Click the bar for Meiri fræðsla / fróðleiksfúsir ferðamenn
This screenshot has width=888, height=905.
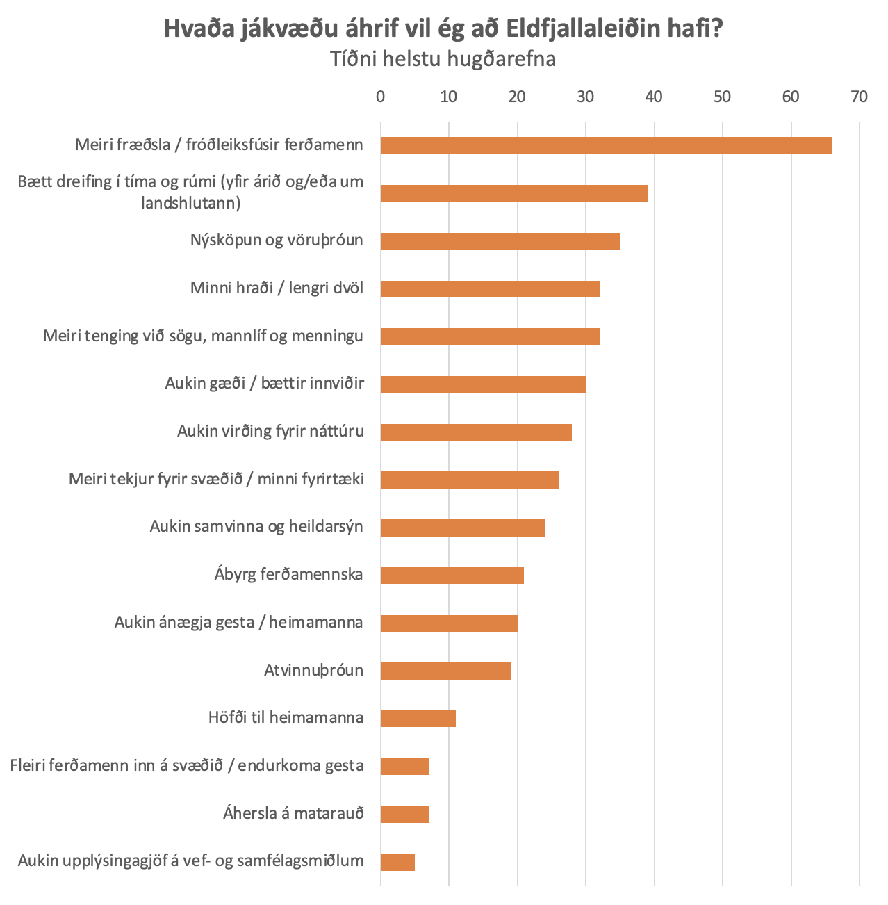[x=606, y=145]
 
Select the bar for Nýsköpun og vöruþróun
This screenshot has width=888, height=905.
[x=500, y=241]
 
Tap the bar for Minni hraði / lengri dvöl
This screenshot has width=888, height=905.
[x=490, y=288]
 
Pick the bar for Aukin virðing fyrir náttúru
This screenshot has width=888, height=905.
[x=476, y=432]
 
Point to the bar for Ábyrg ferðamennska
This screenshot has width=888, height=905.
[x=452, y=576]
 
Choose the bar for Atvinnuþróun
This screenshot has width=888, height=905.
[x=445, y=671]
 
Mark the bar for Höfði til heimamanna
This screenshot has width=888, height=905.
[x=418, y=719]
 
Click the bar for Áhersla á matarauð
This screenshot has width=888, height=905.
[x=404, y=814]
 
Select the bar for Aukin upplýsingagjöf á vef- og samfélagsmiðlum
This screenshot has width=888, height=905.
[x=398, y=862]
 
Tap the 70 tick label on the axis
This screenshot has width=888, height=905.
[x=859, y=97]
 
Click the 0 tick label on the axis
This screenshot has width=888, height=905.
[x=380, y=97]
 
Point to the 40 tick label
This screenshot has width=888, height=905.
[x=653, y=97]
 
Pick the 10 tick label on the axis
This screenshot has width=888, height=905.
[x=449, y=97]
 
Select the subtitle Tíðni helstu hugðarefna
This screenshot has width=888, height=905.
[x=443, y=59]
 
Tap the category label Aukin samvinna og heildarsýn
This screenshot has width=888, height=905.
[x=256, y=526]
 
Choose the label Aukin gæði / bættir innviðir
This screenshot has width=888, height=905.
[x=264, y=383]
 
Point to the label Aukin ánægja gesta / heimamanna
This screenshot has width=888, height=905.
[x=238, y=622]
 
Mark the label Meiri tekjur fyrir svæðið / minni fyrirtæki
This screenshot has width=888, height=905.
[x=216, y=479]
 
